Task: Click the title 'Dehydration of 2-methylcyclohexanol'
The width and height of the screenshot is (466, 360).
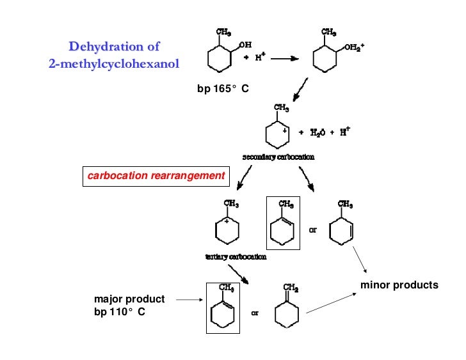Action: point(114,55)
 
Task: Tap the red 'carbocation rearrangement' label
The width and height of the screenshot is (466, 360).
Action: point(156,175)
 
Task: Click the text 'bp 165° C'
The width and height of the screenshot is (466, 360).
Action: point(222,89)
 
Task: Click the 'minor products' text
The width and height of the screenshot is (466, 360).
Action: point(399,285)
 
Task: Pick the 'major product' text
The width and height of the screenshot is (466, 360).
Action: point(129,299)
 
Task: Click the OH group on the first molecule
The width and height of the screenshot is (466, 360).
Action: point(245,45)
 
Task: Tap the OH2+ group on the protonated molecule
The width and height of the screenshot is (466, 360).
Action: point(353,47)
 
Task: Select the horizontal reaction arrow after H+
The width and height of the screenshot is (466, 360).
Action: point(286,58)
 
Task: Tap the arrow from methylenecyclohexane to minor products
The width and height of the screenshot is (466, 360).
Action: point(331,303)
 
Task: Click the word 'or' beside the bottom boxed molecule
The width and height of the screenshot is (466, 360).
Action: point(254,314)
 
